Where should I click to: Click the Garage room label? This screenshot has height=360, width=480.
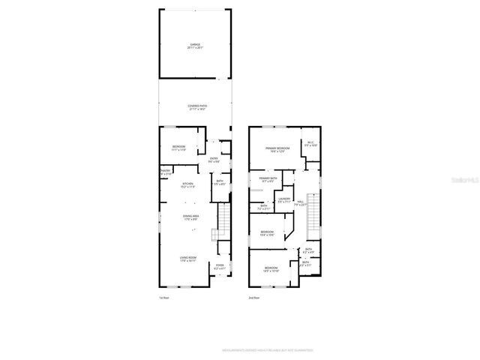pyautogui.click(x=195, y=46)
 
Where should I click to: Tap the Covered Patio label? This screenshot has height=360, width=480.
pyautogui.click(x=197, y=107)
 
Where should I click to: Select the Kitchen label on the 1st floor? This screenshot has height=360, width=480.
pyautogui.click(x=187, y=185)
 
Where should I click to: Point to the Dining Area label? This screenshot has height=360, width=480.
pyautogui.click(x=191, y=217)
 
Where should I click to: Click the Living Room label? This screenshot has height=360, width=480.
pyautogui.click(x=187, y=259)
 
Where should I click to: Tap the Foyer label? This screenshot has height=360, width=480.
pyautogui.click(x=220, y=266)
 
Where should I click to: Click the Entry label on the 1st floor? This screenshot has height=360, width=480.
pyautogui.click(x=214, y=160)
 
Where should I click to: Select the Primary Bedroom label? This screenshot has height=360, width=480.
pyautogui.click(x=277, y=149)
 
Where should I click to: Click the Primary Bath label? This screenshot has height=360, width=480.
pyautogui.click(x=268, y=179)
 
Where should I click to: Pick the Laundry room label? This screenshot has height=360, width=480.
pyautogui.click(x=283, y=200)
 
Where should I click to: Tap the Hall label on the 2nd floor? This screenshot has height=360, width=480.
pyautogui.click(x=300, y=202)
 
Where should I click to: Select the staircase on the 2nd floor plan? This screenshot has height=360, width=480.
pyautogui.click(x=314, y=212)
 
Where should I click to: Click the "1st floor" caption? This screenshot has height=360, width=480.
pyautogui.click(x=164, y=298)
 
